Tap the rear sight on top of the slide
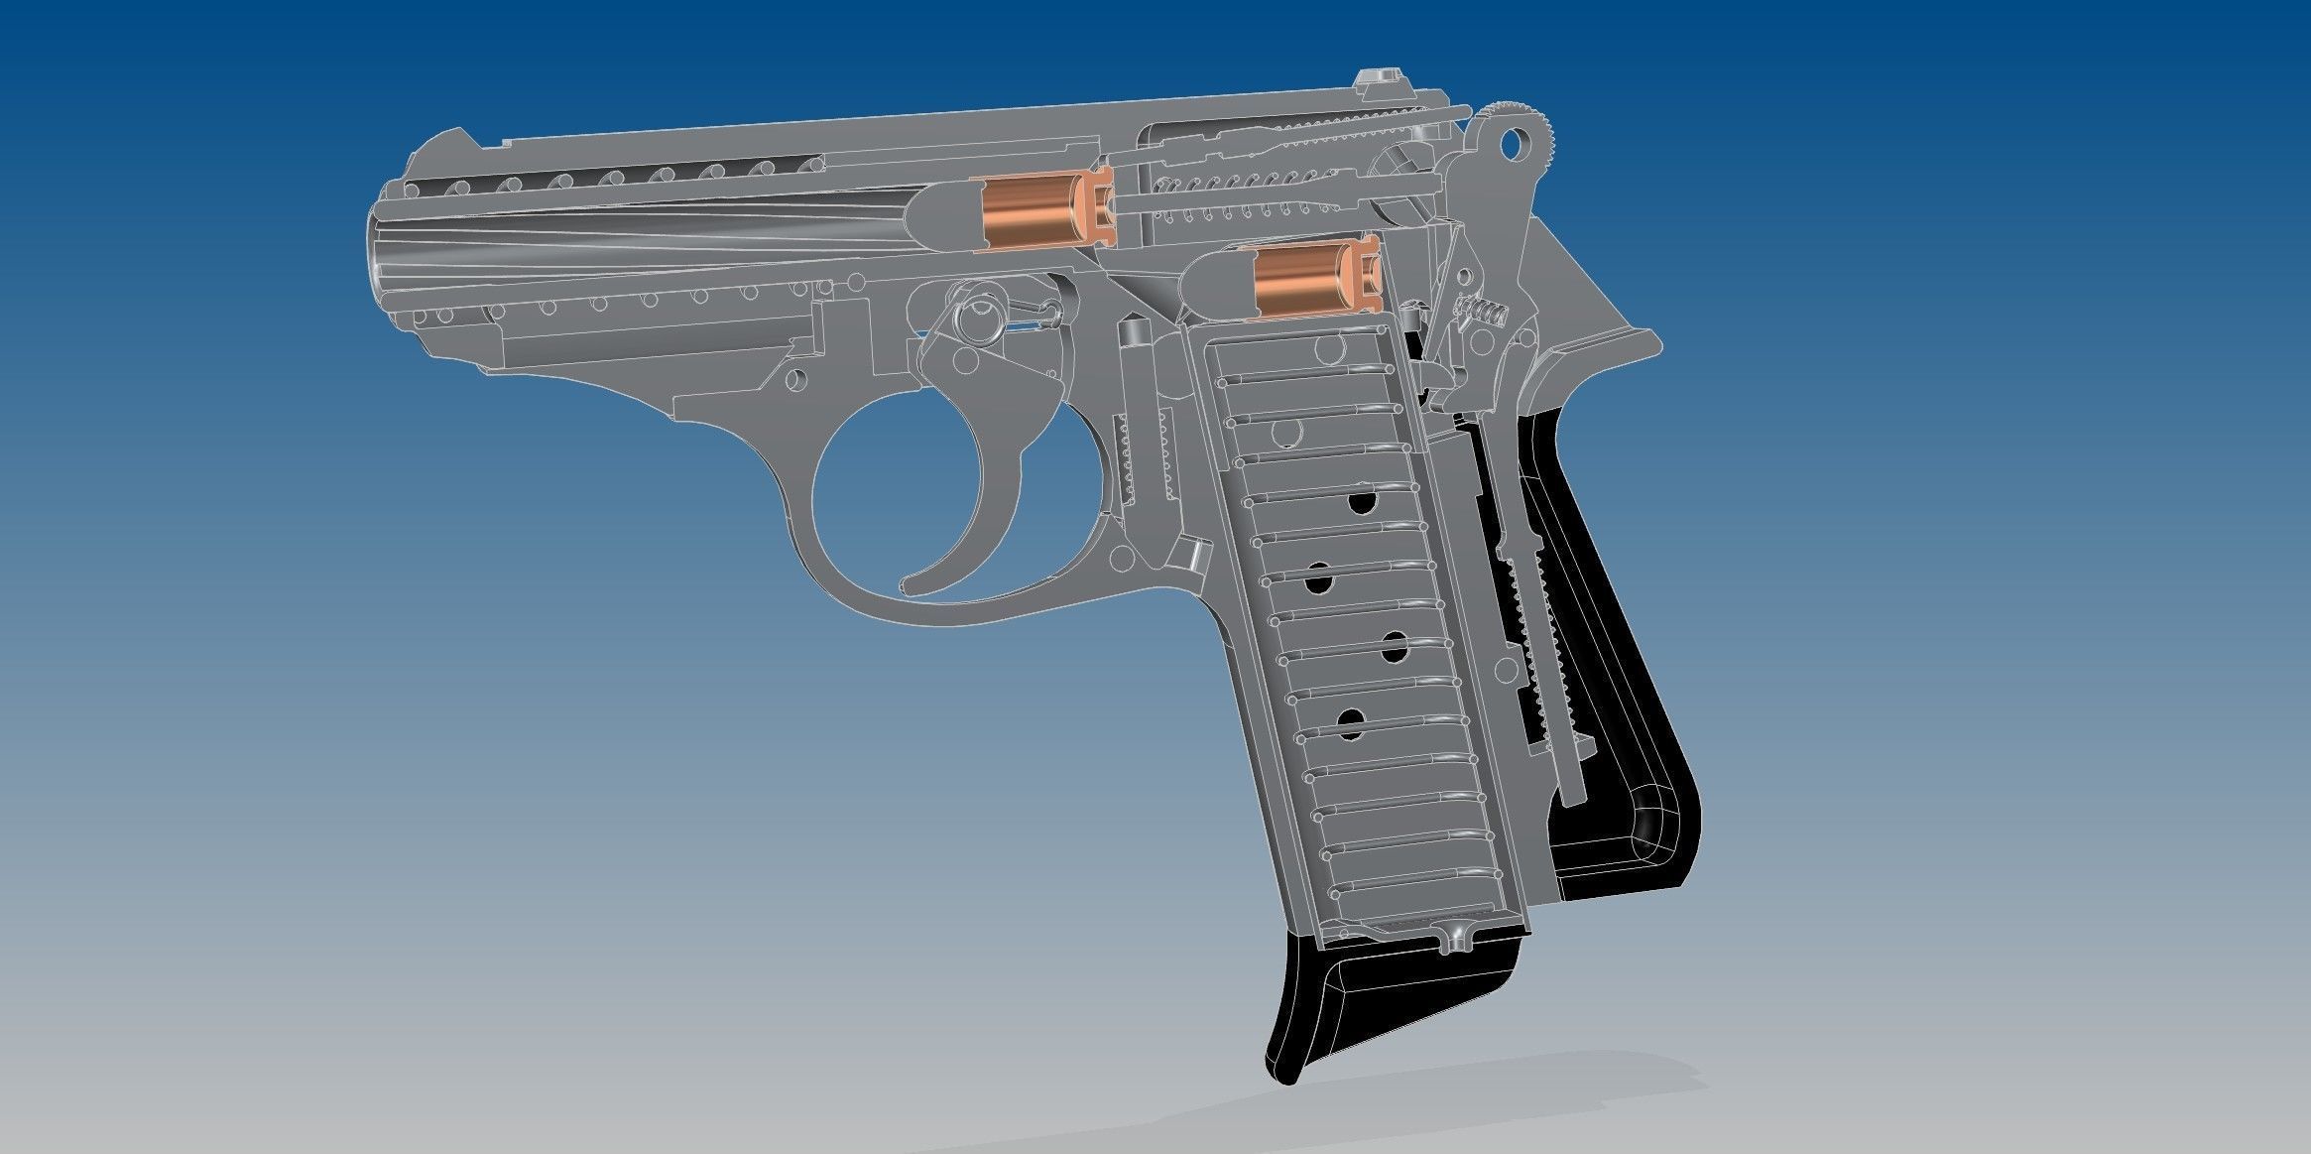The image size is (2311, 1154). coord(1376,78)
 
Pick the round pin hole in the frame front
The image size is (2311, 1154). coord(794,379)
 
